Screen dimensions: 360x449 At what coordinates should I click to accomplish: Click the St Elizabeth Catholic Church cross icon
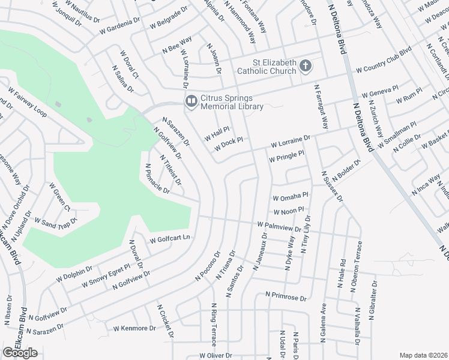click(306, 65)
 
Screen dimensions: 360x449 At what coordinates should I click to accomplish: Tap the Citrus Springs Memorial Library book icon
click(191, 101)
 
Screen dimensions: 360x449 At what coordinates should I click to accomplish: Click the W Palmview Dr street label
click(279, 227)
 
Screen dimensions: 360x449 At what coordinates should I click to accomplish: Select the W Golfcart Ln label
click(170, 238)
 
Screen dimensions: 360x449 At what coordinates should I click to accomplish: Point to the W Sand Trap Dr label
click(56, 223)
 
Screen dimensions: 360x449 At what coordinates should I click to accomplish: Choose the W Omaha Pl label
click(290, 197)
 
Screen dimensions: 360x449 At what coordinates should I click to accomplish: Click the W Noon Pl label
click(289, 212)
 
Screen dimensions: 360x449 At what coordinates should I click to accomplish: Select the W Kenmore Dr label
click(134, 328)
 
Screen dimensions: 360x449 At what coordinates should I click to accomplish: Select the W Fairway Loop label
click(28, 102)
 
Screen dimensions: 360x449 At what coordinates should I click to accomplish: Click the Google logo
click(20, 353)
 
